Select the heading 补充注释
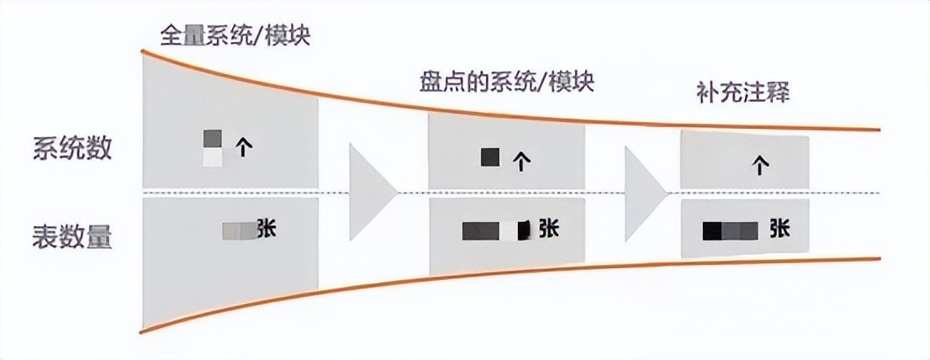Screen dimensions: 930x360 click(743, 92)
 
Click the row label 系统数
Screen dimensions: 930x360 click(73, 151)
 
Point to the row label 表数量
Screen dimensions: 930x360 click(73, 235)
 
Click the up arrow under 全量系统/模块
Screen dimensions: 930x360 click(244, 148)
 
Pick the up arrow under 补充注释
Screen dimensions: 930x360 click(760, 166)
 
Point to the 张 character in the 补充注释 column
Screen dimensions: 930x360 click(778, 228)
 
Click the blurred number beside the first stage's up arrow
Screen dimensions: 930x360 click(213, 148)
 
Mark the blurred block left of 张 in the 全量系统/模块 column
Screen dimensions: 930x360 click(237, 231)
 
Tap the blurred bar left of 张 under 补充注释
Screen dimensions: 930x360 click(731, 229)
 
